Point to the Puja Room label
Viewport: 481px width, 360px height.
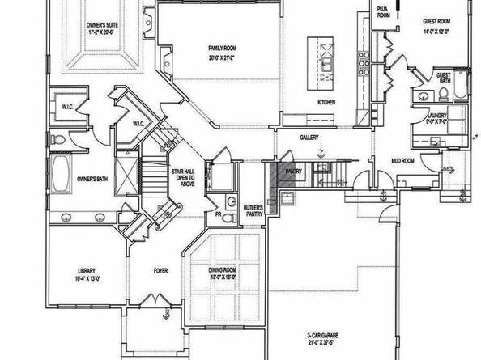click(x=383, y=11)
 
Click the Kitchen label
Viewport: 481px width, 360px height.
click(x=326, y=102)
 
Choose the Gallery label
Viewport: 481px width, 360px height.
click(x=309, y=137)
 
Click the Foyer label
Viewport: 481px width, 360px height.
click(x=160, y=270)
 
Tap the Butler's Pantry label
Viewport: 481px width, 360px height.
click(x=252, y=212)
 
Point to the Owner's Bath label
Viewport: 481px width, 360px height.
click(x=93, y=177)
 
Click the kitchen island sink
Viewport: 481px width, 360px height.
click(x=327, y=59)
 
